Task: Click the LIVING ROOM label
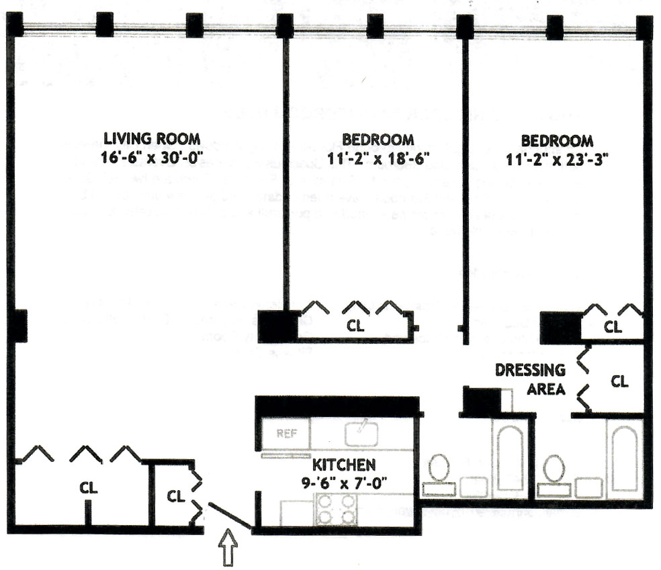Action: (151, 139)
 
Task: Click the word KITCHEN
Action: (343, 465)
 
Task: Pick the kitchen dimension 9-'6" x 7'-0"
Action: (343, 481)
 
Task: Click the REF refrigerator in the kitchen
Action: (285, 434)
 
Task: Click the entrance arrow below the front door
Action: (229, 548)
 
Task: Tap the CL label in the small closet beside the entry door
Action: (175, 497)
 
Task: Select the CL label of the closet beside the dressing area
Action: (619, 381)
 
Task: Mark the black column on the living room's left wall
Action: (19, 325)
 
